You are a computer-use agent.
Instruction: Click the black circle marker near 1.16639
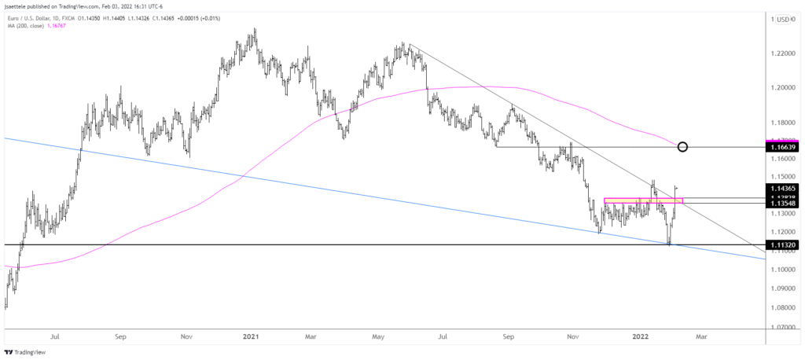click(682, 147)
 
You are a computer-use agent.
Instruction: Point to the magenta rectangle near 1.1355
click(643, 201)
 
